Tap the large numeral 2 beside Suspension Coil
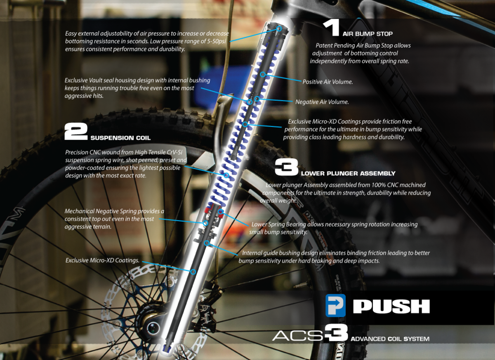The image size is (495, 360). coord(76,132)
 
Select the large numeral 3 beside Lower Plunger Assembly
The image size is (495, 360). coord(286,168)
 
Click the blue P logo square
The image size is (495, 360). coord(335,306)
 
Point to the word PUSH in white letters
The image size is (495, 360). coord(391,306)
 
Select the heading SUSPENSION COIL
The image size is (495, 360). coord(120,138)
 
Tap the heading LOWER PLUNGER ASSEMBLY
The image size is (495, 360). coord(348,173)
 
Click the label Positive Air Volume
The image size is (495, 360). coord(328,82)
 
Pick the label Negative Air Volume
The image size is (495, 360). coord(322,102)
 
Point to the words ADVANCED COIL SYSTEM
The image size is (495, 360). coord(390,339)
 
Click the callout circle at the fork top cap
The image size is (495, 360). coord(279,28)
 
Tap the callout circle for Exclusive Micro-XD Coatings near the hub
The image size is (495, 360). coord(193,271)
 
